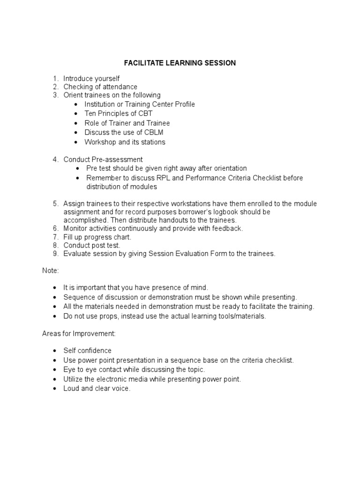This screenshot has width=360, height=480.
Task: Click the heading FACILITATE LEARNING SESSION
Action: tap(180, 63)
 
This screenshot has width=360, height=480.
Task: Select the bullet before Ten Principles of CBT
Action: tap(76, 114)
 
